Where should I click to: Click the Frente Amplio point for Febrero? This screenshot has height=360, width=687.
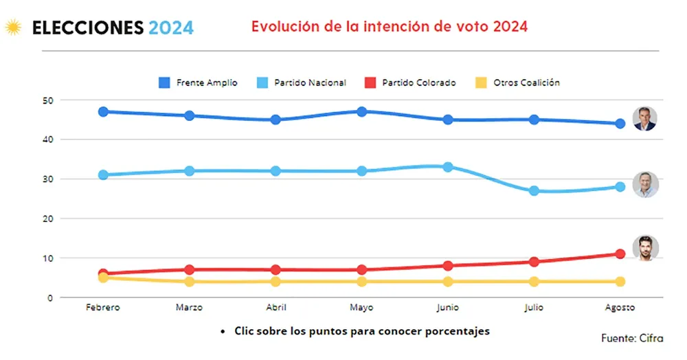tap(103, 112)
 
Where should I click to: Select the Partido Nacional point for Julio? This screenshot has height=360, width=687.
tap(534, 191)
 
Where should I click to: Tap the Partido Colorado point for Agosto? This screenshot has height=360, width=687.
tap(620, 254)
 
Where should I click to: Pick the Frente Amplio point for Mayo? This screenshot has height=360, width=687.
tap(362, 112)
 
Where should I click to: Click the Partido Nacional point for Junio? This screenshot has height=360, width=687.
tap(448, 167)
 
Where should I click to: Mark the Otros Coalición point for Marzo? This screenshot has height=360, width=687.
tap(190, 282)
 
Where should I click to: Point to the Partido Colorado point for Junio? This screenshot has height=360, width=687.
tap(448, 266)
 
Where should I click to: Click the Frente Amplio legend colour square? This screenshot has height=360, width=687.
tap(165, 83)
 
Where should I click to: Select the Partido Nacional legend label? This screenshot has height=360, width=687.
tap(310, 83)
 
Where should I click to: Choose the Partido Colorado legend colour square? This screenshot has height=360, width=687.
tap(370, 83)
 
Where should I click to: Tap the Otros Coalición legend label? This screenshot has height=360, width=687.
tap(526, 83)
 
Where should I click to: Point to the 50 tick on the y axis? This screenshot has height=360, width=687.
tap(47, 100)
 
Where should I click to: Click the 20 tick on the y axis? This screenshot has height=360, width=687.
tap(47, 218)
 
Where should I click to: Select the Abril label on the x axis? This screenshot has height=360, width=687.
tap(275, 308)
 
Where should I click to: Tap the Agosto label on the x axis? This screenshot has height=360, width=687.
tap(620, 308)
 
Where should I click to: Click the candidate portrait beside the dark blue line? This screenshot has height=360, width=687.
tap(645, 118)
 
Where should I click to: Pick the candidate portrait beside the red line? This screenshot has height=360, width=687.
tap(645, 249)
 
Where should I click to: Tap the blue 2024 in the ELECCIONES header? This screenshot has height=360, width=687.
tap(171, 28)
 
